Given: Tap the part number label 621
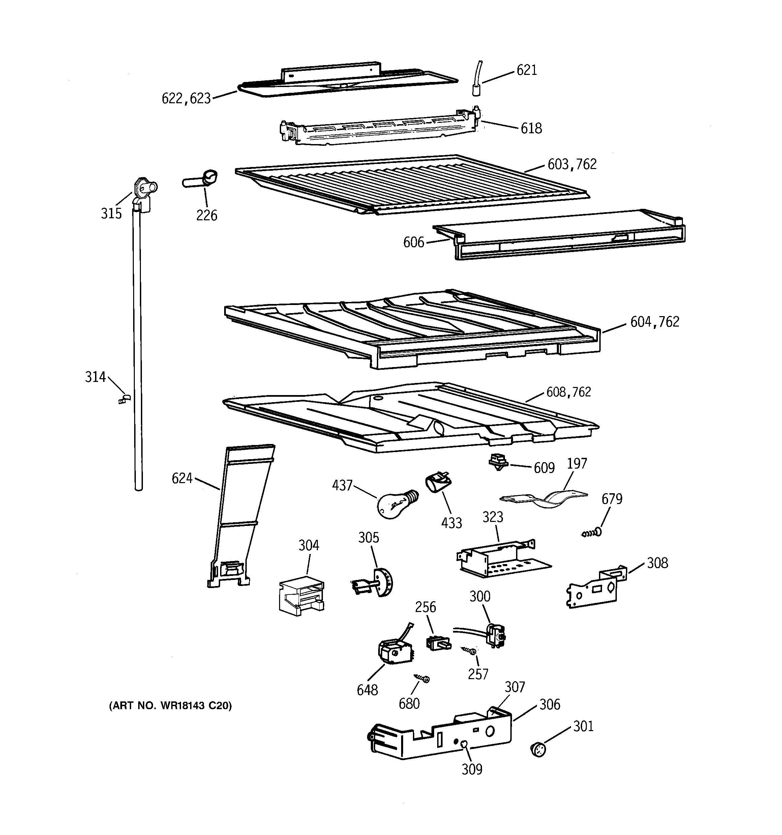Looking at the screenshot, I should (x=527, y=70).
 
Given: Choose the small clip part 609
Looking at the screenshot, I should (x=498, y=462).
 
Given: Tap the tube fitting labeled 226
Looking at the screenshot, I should (x=201, y=179).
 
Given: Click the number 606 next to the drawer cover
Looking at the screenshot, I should (x=414, y=242).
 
